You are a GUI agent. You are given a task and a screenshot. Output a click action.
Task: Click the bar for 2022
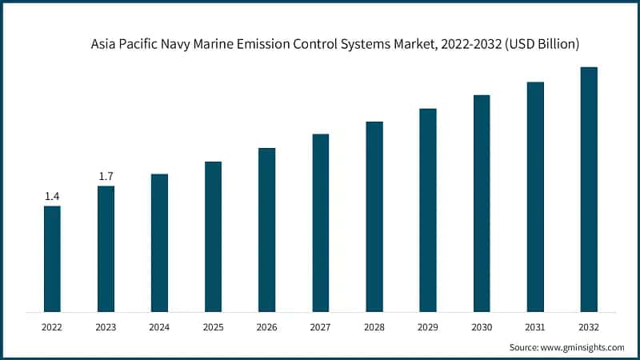[x=52, y=258]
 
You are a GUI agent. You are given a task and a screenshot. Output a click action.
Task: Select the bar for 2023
[x=106, y=249]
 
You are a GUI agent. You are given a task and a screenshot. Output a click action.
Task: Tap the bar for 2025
[x=213, y=236]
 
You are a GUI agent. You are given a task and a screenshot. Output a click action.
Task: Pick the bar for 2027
[x=321, y=222]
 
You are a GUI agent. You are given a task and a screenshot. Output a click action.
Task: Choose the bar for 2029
[x=428, y=210]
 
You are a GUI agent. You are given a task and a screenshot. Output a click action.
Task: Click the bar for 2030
[x=482, y=203]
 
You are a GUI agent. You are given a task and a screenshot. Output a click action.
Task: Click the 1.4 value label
[x=52, y=196]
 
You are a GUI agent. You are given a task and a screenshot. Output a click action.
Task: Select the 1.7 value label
[x=106, y=176]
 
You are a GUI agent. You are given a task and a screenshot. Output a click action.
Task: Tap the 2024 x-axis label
[x=159, y=326]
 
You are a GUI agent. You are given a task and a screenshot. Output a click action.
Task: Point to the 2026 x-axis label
[x=266, y=326]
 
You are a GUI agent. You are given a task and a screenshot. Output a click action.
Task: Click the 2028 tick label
[x=374, y=326]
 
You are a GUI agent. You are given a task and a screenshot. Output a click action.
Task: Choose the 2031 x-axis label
[x=535, y=326]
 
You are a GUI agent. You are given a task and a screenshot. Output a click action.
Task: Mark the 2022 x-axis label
[x=52, y=326]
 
